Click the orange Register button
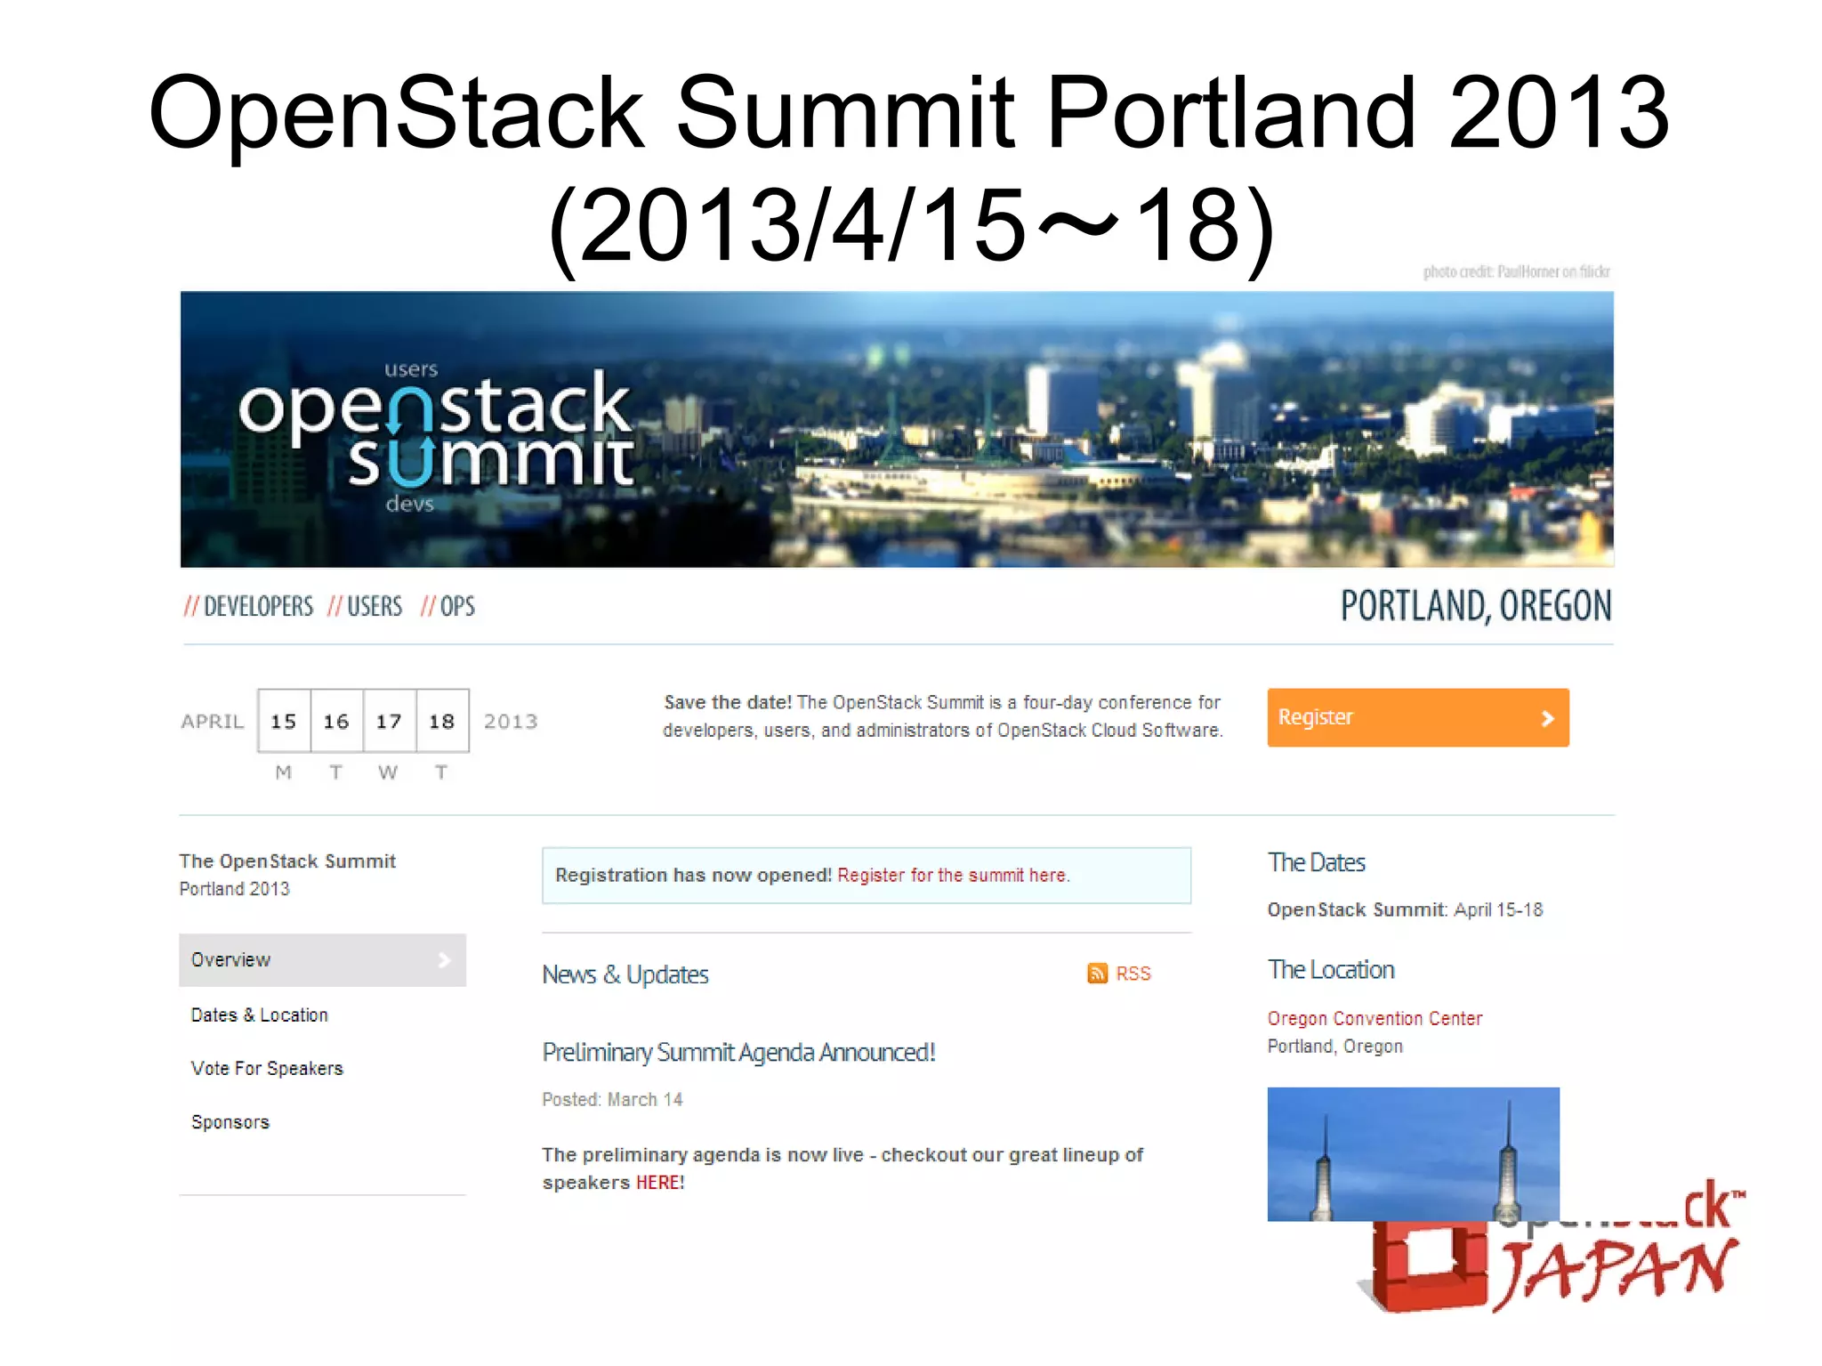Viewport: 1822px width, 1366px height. [1417, 717]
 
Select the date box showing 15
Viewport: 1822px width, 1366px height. [284, 721]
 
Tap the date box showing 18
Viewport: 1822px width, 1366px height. [442, 721]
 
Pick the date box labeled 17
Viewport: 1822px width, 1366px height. [389, 721]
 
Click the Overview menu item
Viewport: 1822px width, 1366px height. [322, 959]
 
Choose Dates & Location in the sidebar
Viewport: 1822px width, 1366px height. [259, 1014]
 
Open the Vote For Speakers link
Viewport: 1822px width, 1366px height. [267, 1068]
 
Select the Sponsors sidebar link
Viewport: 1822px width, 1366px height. [230, 1122]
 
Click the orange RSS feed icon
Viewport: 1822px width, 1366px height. [1097, 973]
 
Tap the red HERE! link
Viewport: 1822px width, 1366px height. [659, 1183]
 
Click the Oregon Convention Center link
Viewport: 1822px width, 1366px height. [1375, 1018]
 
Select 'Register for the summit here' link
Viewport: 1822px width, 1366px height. [953, 875]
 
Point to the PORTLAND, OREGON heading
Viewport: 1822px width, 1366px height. [1475, 606]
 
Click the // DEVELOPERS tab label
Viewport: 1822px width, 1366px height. [249, 607]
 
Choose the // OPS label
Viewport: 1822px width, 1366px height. [448, 607]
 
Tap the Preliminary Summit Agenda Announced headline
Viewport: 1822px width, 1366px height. [738, 1052]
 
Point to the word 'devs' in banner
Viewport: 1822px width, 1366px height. [410, 504]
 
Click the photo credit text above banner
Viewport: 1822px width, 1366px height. [1516, 271]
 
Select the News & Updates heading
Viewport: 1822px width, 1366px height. [625, 974]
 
